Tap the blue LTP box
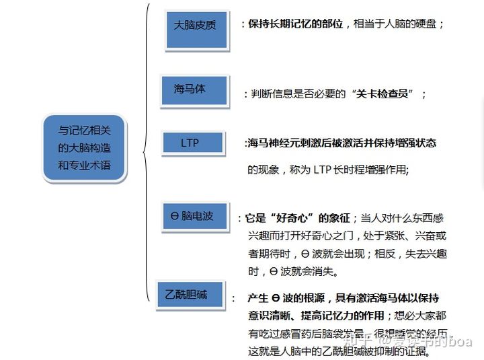click(x=191, y=143)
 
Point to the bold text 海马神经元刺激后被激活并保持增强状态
click(x=341, y=143)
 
